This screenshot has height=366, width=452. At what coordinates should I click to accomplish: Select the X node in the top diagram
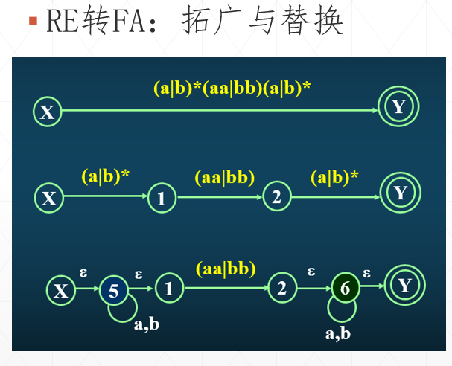pyautogui.click(x=47, y=112)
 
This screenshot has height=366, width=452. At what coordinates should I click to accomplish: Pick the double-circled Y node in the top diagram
pyautogui.click(x=398, y=107)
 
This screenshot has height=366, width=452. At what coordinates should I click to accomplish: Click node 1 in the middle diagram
pyautogui.click(x=162, y=198)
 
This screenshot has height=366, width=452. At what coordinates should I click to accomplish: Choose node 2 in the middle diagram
pyautogui.click(x=276, y=197)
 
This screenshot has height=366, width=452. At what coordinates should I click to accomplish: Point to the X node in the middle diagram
pyautogui.click(x=49, y=199)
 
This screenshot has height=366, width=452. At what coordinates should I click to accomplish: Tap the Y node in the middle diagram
pyautogui.click(x=401, y=193)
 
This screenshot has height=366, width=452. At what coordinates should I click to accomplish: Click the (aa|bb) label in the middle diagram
pyautogui.click(x=224, y=178)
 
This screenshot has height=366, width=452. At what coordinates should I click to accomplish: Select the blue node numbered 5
pyautogui.click(x=114, y=290)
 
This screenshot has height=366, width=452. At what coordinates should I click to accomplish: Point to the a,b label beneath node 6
pyautogui.click(x=338, y=333)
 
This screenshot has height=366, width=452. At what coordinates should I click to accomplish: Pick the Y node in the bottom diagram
pyautogui.click(x=404, y=286)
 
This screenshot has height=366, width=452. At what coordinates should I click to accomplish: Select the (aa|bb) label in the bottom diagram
pyautogui.click(x=225, y=268)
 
